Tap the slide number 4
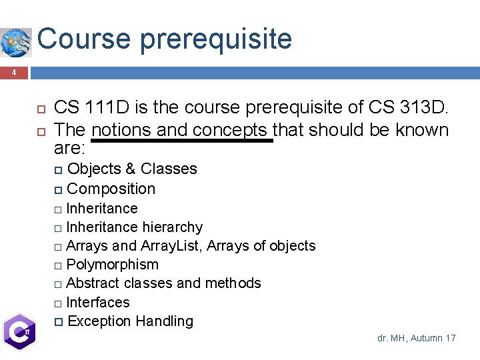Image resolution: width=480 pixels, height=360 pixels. point(13,73)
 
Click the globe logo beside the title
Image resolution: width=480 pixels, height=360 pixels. point(15,41)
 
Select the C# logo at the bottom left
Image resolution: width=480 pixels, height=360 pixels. point(19,331)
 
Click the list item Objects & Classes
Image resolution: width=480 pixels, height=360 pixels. point(132,169)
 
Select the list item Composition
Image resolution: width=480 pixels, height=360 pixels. point(111,189)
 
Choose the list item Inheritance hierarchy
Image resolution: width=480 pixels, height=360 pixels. point(135,227)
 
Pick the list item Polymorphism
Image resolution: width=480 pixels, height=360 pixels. point(113,265)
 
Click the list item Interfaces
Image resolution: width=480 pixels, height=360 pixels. point(98,302)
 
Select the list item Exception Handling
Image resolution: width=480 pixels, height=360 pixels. point(131,321)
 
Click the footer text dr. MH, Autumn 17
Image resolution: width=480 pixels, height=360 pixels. point(416,338)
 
